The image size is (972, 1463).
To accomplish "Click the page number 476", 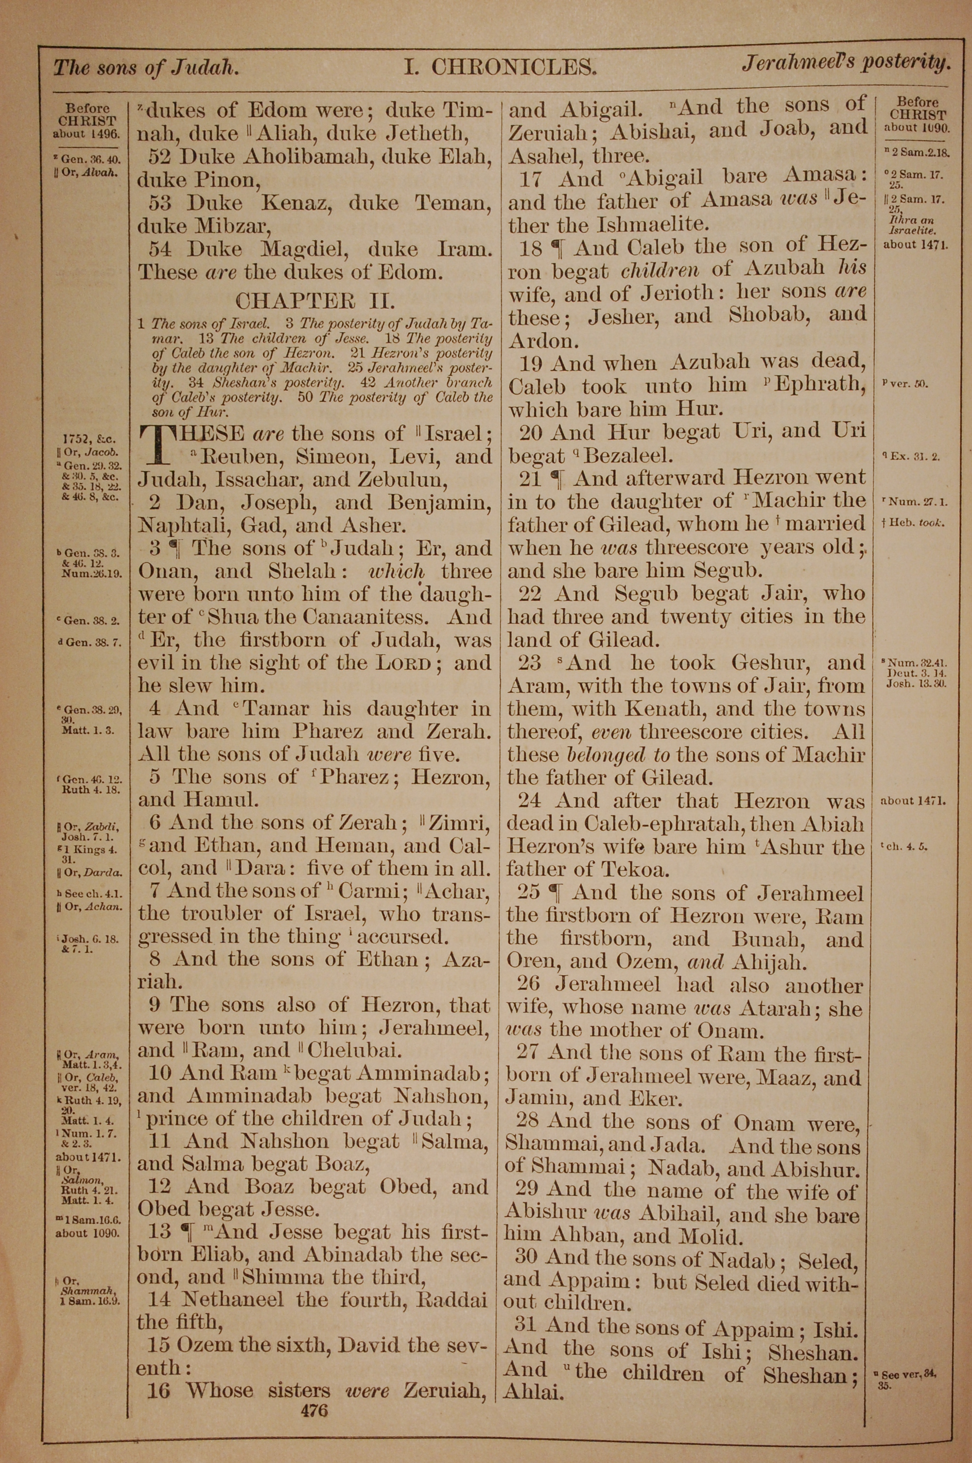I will click(x=313, y=1393).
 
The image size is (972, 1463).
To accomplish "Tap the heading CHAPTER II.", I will click(x=315, y=302).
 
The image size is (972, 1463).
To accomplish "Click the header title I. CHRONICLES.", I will click(x=500, y=66).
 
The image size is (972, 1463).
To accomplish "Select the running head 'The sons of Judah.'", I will click(x=146, y=67).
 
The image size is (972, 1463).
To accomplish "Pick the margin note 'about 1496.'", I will click(x=88, y=133).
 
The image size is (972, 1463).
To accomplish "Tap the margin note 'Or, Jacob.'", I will click(x=90, y=452).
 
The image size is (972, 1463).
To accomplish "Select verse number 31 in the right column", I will click(x=528, y=1325).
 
